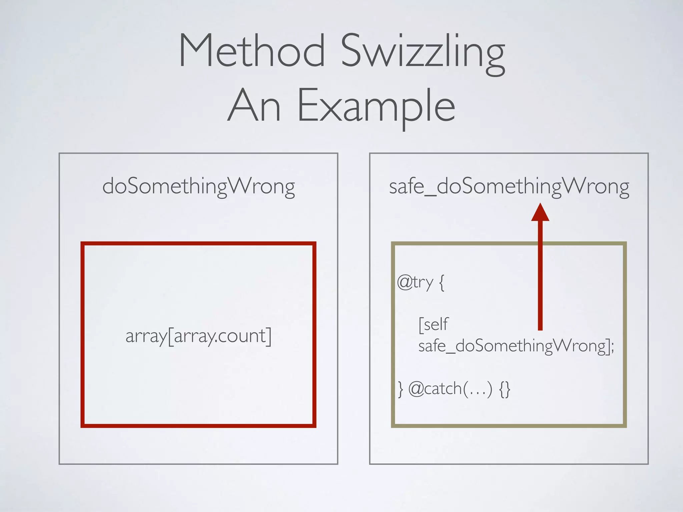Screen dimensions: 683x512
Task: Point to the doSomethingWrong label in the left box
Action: point(198,186)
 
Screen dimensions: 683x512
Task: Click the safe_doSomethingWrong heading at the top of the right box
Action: point(509,186)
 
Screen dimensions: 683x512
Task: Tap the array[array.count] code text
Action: point(198,336)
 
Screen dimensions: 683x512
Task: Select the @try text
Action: point(415,283)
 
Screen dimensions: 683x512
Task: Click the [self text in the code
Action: point(434,324)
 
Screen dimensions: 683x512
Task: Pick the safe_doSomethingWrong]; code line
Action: point(516,346)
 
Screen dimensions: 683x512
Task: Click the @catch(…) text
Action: point(450,389)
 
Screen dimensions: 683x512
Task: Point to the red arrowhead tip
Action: point(540,205)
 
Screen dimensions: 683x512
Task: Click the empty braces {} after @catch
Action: point(505,389)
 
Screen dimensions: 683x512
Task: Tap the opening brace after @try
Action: point(442,283)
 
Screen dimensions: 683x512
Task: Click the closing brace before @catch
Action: point(401,389)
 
